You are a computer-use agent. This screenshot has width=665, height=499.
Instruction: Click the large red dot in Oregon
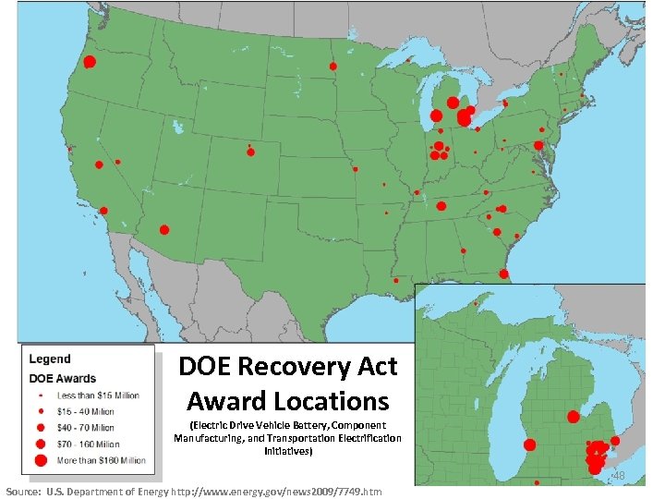(x=90, y=62)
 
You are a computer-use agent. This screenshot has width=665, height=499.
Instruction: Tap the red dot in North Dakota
(x=333, y=66)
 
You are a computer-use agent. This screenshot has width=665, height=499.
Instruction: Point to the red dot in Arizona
(x=164, y=229)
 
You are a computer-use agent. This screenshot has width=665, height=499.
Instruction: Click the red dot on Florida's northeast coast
(x=503, y=273)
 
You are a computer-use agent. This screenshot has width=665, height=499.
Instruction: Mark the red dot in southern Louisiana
(x=395, y=280)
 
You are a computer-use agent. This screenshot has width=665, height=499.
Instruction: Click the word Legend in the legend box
(x=50, y=359)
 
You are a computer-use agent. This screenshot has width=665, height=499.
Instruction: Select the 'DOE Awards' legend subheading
(x=63, y=378)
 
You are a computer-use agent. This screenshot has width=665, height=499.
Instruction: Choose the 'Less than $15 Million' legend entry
(x=98, y=396)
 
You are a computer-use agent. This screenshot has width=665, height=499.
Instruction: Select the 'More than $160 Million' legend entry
(x=102, y=459)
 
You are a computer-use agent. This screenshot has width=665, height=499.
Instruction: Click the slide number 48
(x=619, y=475)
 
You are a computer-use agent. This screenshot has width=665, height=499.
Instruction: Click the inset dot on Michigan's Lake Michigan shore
(x=531, y=444)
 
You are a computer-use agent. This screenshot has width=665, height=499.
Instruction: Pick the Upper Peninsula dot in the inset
(x=476, y=302)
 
